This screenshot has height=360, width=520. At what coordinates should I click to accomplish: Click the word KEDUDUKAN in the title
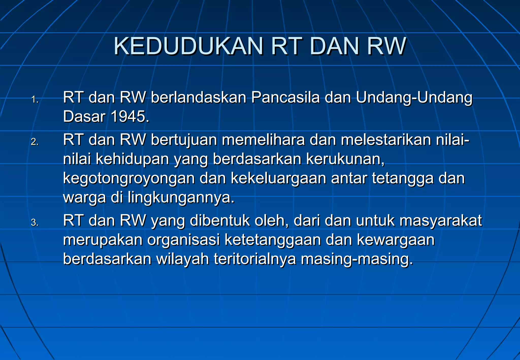(x=188, y=46)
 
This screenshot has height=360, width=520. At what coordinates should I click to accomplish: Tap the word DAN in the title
(x=334, y=46)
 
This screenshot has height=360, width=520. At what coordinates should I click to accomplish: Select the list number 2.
(x=35, y=142)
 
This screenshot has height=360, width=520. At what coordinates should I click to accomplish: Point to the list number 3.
(x=35, y=223)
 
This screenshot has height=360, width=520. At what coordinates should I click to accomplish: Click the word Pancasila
(x=285, y=97)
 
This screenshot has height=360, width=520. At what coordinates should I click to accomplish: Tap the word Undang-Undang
(x=414, y=97)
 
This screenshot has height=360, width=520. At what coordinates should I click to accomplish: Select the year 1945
(x=129, y=117)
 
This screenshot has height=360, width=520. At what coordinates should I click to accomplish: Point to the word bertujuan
(x=184, y=140)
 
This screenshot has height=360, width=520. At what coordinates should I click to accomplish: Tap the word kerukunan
(x=345, y=159)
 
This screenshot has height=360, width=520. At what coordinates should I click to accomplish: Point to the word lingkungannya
(x=181, y=198)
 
